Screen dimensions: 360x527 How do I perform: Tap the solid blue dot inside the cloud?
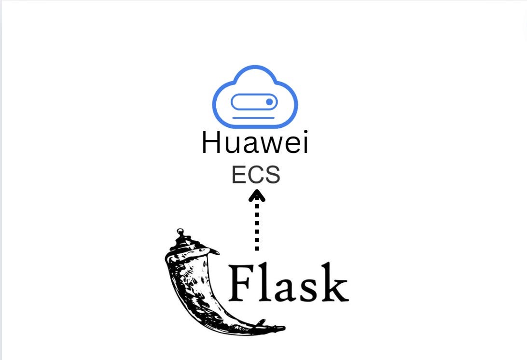(x=269, y=102)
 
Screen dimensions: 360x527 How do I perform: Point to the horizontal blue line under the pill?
(x=253, y=117)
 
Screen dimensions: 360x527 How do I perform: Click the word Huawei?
(x=255, y=143)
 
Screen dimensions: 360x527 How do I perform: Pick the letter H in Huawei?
(x=212, y=143)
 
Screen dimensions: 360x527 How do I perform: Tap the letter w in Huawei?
(x=272, y=145)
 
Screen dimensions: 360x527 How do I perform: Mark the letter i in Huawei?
(x=304, y=143)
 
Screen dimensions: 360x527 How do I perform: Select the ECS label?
(x=256, y=175)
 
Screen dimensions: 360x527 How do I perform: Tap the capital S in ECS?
(x=272, y=175)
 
